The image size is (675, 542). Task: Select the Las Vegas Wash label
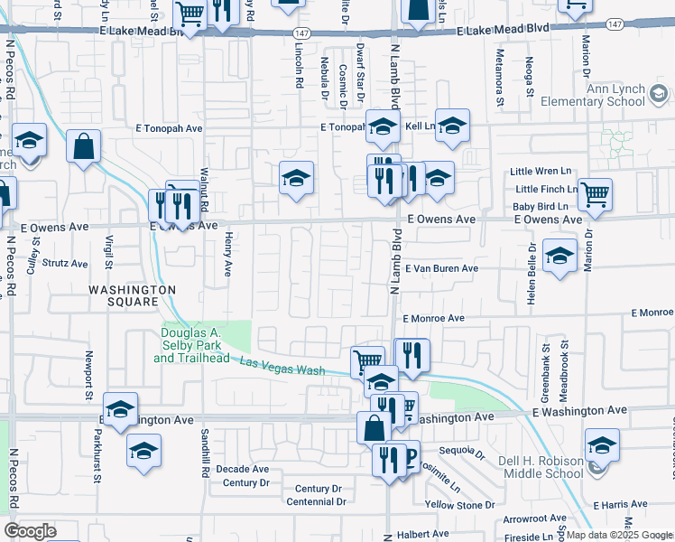click(282, 366)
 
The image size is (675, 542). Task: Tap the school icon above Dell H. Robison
click(602, 444)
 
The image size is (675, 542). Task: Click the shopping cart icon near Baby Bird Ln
click(596, 193)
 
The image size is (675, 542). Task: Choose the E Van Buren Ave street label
click(440, 268)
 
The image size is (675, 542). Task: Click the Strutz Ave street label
click(66, 264)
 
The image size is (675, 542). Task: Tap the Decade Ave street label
click(241, 469)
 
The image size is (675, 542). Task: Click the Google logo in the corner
click(30, 530)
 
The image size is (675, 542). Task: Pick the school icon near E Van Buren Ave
click(559, 256)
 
